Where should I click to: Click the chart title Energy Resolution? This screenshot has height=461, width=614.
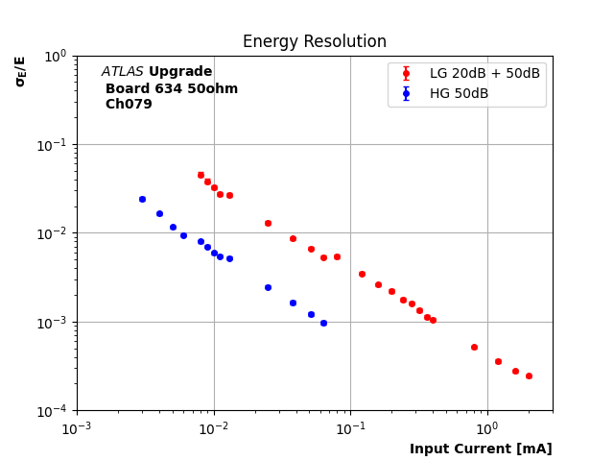pyautogui.click(x=314, y=42)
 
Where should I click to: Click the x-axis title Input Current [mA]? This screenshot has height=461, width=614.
pyautogui.click(x=481, y=449)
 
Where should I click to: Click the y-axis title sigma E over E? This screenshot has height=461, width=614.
pyautogui.click(x=20, y=71)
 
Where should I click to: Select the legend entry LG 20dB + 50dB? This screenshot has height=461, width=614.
pyautogui.click(x=484, y=74)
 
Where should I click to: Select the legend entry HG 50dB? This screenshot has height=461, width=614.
pyautogui.click(x=459, y=93)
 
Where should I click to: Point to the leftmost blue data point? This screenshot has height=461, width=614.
pyautogui.click(x=142, y=199)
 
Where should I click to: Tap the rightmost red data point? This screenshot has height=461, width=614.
pyautogui.click(x=529, y=376)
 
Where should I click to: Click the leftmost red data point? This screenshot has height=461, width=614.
pyautogui.click(x=201, y=175)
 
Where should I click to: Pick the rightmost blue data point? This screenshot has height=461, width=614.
pyautogui.click(x=323, y=323)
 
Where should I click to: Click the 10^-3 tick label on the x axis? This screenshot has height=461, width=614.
pyautogui.click(x=77, y=427)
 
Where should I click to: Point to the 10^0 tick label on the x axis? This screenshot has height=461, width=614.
pyautogui.click(x=487, y=427)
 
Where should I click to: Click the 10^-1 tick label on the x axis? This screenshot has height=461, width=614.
pyautogui.click(x=350, y=427)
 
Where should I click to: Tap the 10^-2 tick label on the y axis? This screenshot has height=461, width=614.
pyautogui.click(x=55, y=233)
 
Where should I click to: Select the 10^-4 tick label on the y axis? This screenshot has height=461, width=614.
pyautogui.click(x=55, y=411)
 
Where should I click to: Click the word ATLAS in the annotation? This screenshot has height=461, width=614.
pyautogui.click(x=122, y=72)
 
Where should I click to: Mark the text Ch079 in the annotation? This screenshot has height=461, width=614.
pyautogui.click(x=129, y=105)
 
